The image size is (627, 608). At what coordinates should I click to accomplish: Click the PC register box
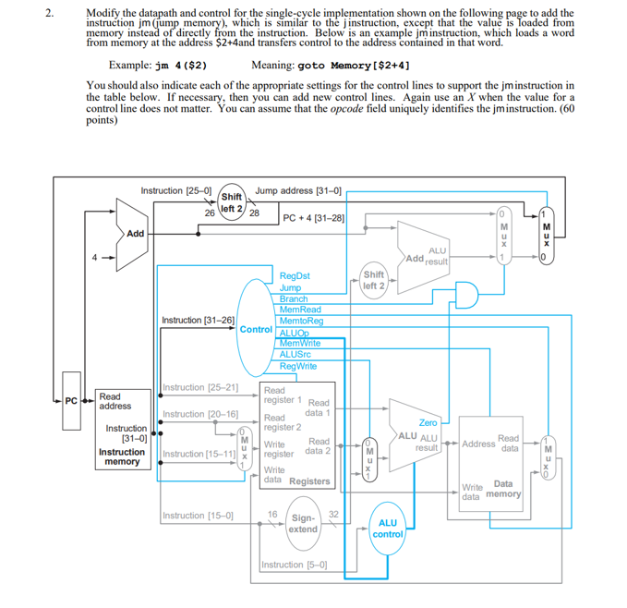[70, 400]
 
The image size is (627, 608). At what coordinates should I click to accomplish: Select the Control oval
[256, 329]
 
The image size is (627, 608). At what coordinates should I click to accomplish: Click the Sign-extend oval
[302, 524]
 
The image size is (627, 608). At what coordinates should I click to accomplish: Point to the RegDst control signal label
[295, 275]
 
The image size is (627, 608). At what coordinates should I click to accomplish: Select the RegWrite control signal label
[297, 366]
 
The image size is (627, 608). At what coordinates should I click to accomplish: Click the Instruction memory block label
[122, 456]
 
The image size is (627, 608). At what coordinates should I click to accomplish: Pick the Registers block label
[309, 481]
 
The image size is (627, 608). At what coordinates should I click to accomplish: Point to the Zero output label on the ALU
[428, 422]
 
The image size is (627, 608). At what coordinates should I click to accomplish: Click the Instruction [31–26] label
[198, 320]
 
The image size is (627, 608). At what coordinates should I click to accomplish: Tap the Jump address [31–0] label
[298, 191]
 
